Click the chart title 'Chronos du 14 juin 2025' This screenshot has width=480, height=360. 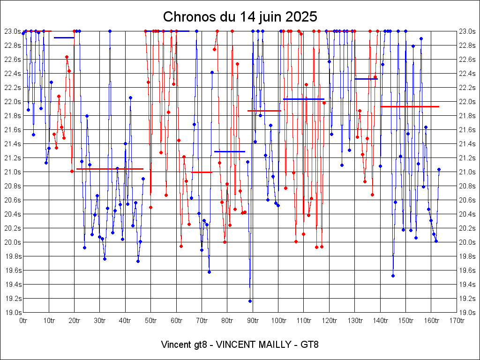(x=240, y=17)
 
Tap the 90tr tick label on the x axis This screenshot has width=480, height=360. (x=253, y=321)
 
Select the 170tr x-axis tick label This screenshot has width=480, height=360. (x=457, y=321)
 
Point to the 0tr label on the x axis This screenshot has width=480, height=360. (x=23, y=321)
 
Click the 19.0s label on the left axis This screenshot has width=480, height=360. (x=12, y=312)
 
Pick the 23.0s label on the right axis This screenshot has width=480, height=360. (x=467, y=31)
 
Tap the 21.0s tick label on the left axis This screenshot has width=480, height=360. (x=12, y=172)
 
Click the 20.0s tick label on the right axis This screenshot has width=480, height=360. (x=467, y=242)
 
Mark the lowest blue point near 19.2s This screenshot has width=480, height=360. (x=250, y=301)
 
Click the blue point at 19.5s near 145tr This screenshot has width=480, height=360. (x=393, y=276)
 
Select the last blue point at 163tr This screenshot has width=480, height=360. (x=439, y=169)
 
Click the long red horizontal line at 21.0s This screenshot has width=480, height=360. (x=110, y=169)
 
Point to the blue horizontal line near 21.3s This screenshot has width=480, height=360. (x=230, y=151)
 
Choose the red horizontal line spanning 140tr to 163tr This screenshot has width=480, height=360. (x=410, y=106)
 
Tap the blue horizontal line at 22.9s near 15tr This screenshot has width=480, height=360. (x=64, y=37)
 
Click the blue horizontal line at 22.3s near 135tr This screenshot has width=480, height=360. (x=366, y=79)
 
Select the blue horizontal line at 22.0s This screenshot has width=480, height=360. (x=304, y=99)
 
